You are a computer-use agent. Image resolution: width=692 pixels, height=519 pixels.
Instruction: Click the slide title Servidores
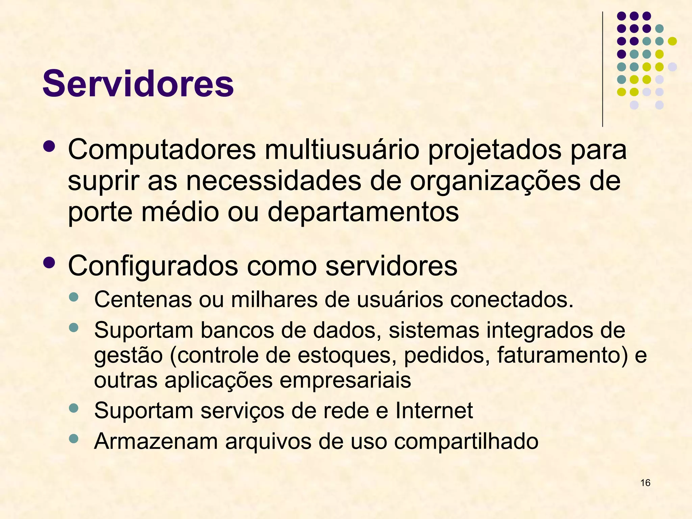pyautogui.click(x=138, y=83)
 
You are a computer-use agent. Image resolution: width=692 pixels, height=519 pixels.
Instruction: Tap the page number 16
pyautogui.click(x=645, y=483)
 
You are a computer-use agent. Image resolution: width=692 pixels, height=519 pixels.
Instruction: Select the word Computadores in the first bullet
pyautogui.click(x=162, y=150)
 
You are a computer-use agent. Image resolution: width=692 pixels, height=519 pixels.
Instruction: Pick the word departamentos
pyautogui.click(x=363, y=212)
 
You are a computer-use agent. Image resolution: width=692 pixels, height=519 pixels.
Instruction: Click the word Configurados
pyautogui.click(x=153, y=266)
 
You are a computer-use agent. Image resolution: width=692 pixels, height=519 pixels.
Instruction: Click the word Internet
pyautogui.click(x=434, y=411)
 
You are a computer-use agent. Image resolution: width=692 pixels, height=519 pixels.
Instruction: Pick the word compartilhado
pyautogui.click(x=466, y=441)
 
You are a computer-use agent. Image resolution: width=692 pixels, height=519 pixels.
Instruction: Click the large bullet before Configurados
pyautogui.click(x=49, y=263)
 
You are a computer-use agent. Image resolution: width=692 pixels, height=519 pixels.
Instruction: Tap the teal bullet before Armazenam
pyautogui.click(x=73, y=439)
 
